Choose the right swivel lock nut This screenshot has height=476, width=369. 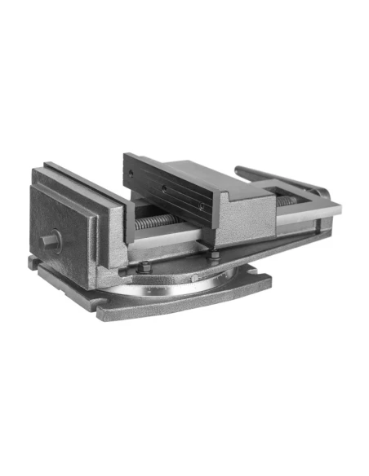[x=215, y=255]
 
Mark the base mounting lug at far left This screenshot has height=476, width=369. [x=33, y=262]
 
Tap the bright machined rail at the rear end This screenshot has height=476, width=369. [x=306, y=214]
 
